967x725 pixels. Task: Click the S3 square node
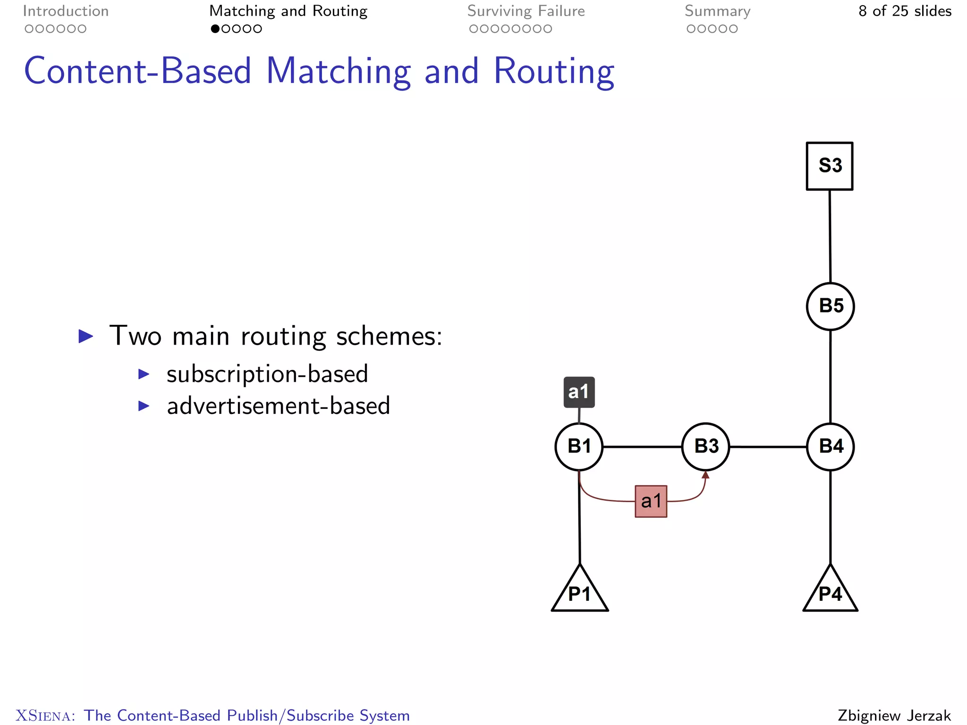[829, 166]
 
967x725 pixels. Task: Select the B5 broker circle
[830, 306]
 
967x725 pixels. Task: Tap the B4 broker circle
[830, 447]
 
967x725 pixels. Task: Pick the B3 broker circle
[705, 447]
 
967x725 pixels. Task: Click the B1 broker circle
[579, 447]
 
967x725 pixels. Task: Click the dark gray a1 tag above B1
[579, 392]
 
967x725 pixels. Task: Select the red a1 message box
[651, 501]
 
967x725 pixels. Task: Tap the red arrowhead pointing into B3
[705, 475]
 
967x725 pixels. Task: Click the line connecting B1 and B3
[642, 447]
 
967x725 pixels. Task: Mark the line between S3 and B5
[830, 236]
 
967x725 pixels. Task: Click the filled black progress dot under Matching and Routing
[215, 29]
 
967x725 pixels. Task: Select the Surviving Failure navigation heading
[526, 11]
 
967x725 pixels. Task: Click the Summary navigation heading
[717, 11]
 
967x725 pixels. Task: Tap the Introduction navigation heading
[66, 11]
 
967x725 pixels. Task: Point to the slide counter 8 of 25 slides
[905, 11]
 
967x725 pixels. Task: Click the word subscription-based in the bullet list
[267, 374]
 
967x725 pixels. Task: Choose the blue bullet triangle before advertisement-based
[144, 406]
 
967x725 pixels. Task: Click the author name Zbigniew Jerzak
[894, 715]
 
